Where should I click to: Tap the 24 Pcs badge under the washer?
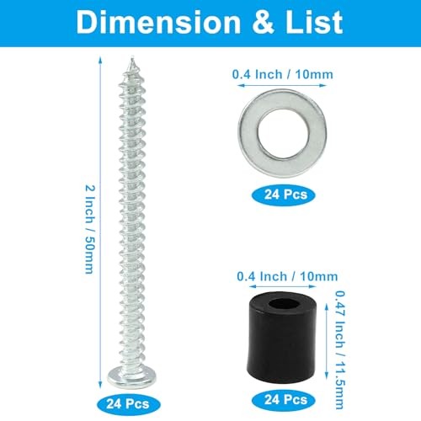281,194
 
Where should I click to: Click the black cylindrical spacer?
281,349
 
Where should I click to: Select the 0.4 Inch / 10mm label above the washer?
282,74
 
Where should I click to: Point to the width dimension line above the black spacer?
282,286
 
